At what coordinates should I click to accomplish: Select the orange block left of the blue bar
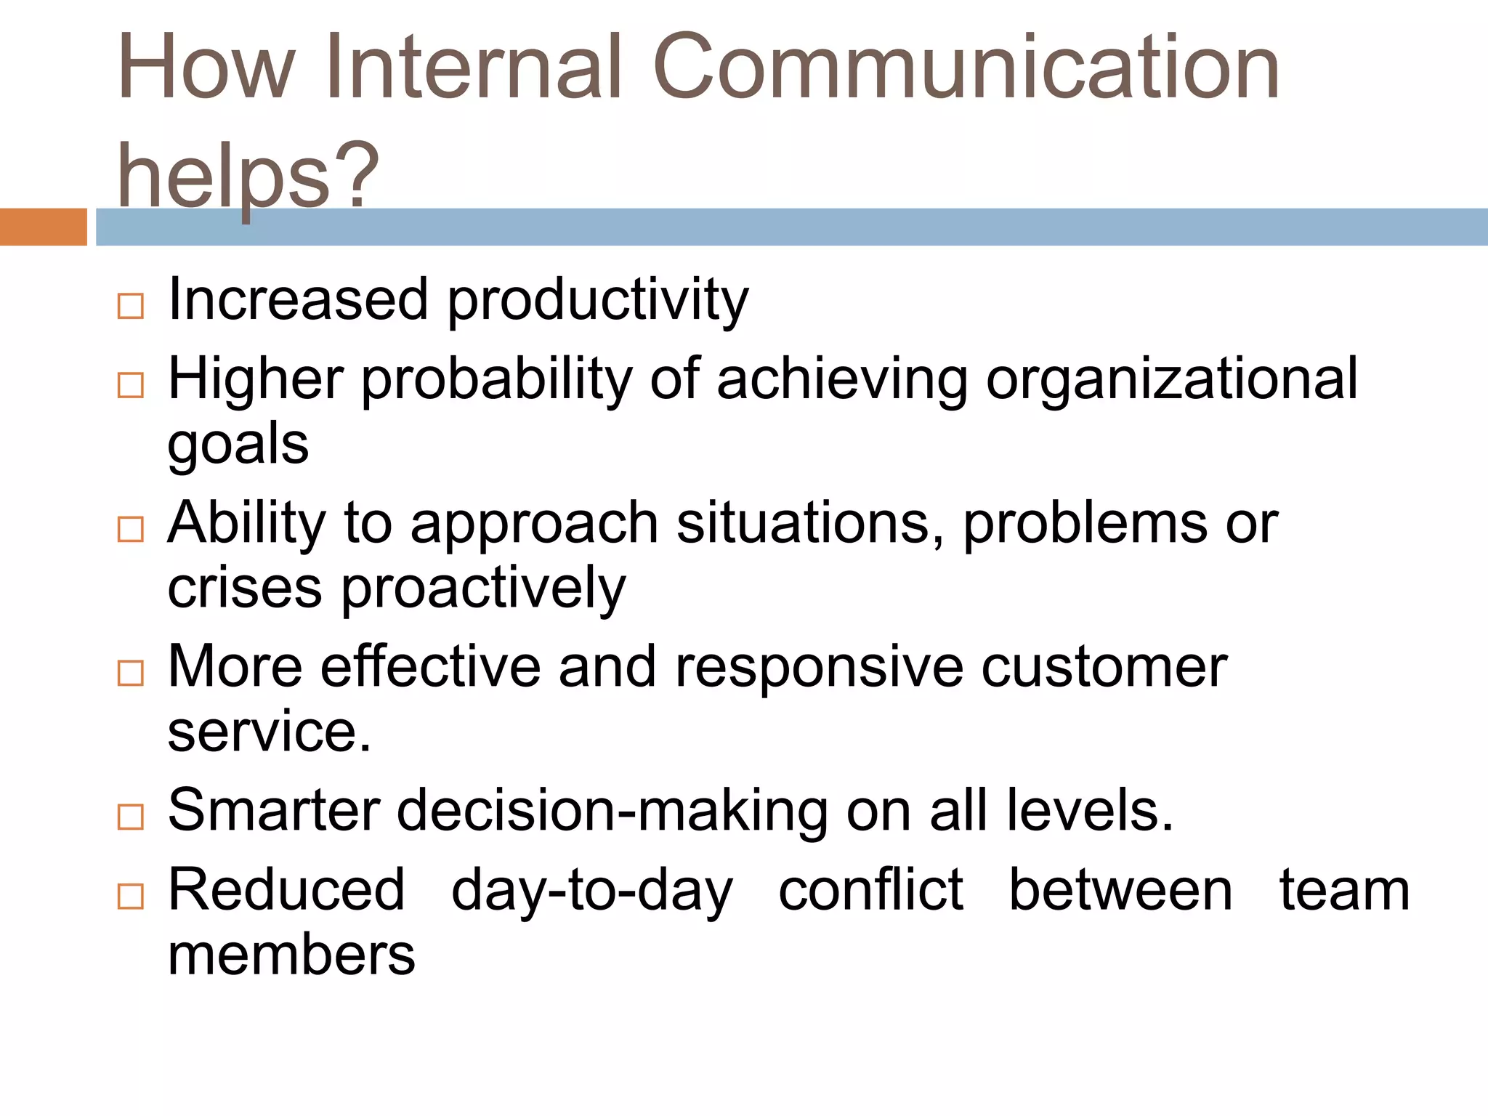[43, 227]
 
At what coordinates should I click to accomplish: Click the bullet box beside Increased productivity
[131, 307]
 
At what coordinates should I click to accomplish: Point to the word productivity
[597, 301]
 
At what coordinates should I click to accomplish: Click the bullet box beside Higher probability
[131, 385]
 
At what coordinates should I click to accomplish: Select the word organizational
[1171, 379]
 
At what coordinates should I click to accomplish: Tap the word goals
[238, 445]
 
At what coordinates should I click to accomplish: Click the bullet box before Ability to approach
[131, 529]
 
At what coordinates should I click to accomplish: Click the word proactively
[483, 589]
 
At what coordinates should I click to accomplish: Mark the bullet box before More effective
[131, 673]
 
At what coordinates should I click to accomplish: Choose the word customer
[1104, 667]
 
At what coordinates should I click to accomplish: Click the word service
[269, 732]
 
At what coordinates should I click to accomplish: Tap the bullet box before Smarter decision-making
[131, 817]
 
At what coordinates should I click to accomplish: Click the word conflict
[870, 889]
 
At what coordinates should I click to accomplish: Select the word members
[291, 955]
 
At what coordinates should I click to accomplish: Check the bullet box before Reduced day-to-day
[131, 897]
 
